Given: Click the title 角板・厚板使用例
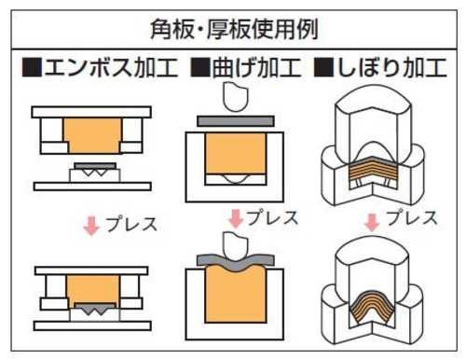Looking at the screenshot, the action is (x=234, y=30).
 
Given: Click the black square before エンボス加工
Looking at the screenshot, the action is (x=32, y=67).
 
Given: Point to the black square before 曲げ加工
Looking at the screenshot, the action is (x=200, y=67).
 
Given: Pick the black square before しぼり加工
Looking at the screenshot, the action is (x=323, y=67).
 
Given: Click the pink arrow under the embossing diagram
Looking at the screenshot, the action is (x=91, y=226).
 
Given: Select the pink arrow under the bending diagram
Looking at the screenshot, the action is (x=236, y=218).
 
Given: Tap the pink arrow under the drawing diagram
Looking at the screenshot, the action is (x=372, y=222).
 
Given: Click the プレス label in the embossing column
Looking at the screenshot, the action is (x=131, y=224).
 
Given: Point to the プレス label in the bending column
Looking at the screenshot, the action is (x=272, y=217).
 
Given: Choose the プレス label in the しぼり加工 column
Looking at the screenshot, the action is (x=412, y=217).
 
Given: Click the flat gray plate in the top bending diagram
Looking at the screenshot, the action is (x=236, y=121).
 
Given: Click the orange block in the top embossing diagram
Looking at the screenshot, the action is (x=92, y=135).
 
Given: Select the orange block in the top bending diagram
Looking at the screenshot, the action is (x=236, y=154).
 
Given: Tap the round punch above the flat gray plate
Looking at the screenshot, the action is (x=236, y=97).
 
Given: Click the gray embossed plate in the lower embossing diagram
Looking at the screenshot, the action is (x=95, y=309).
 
